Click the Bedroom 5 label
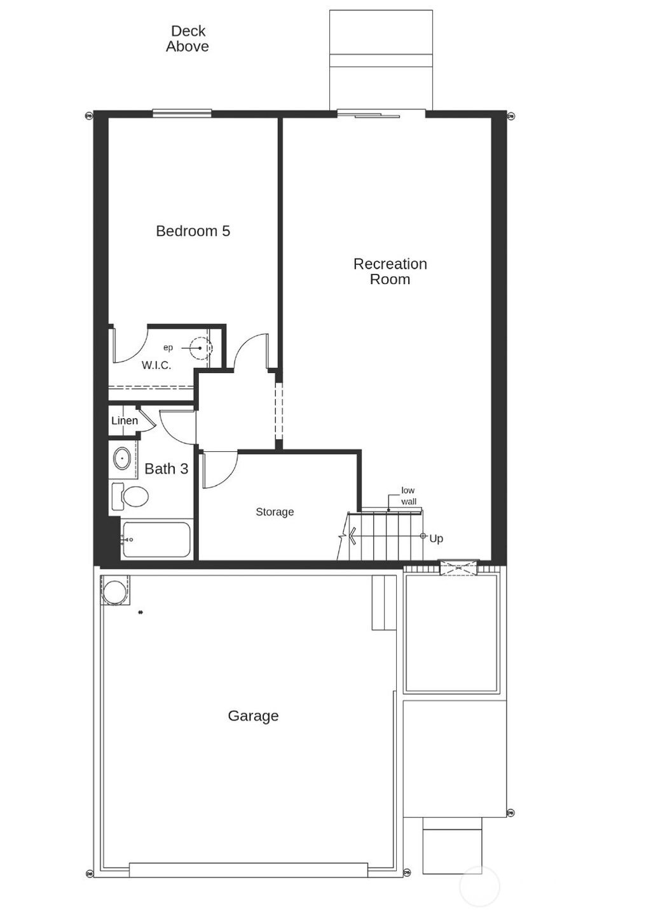[x=193, y=231]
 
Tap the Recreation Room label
[x=390, y=271]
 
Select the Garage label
[x=253, y=716]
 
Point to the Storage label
[x=275, y=512]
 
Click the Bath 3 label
[x=166, y=469]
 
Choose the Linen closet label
[x=125, y=421]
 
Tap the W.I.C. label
[x=156, y=365]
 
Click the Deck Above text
[x=188, y=39]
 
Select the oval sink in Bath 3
[x=121, y=457]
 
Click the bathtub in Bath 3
[x=156, y=539]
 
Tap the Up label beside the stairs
[x=436, y=539]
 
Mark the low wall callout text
[x=408, y=496]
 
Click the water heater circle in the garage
[x=115, y=591]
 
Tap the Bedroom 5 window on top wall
[x=182, y=114]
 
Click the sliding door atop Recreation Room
[x=380, y=114]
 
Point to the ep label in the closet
[x=168, y=348]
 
